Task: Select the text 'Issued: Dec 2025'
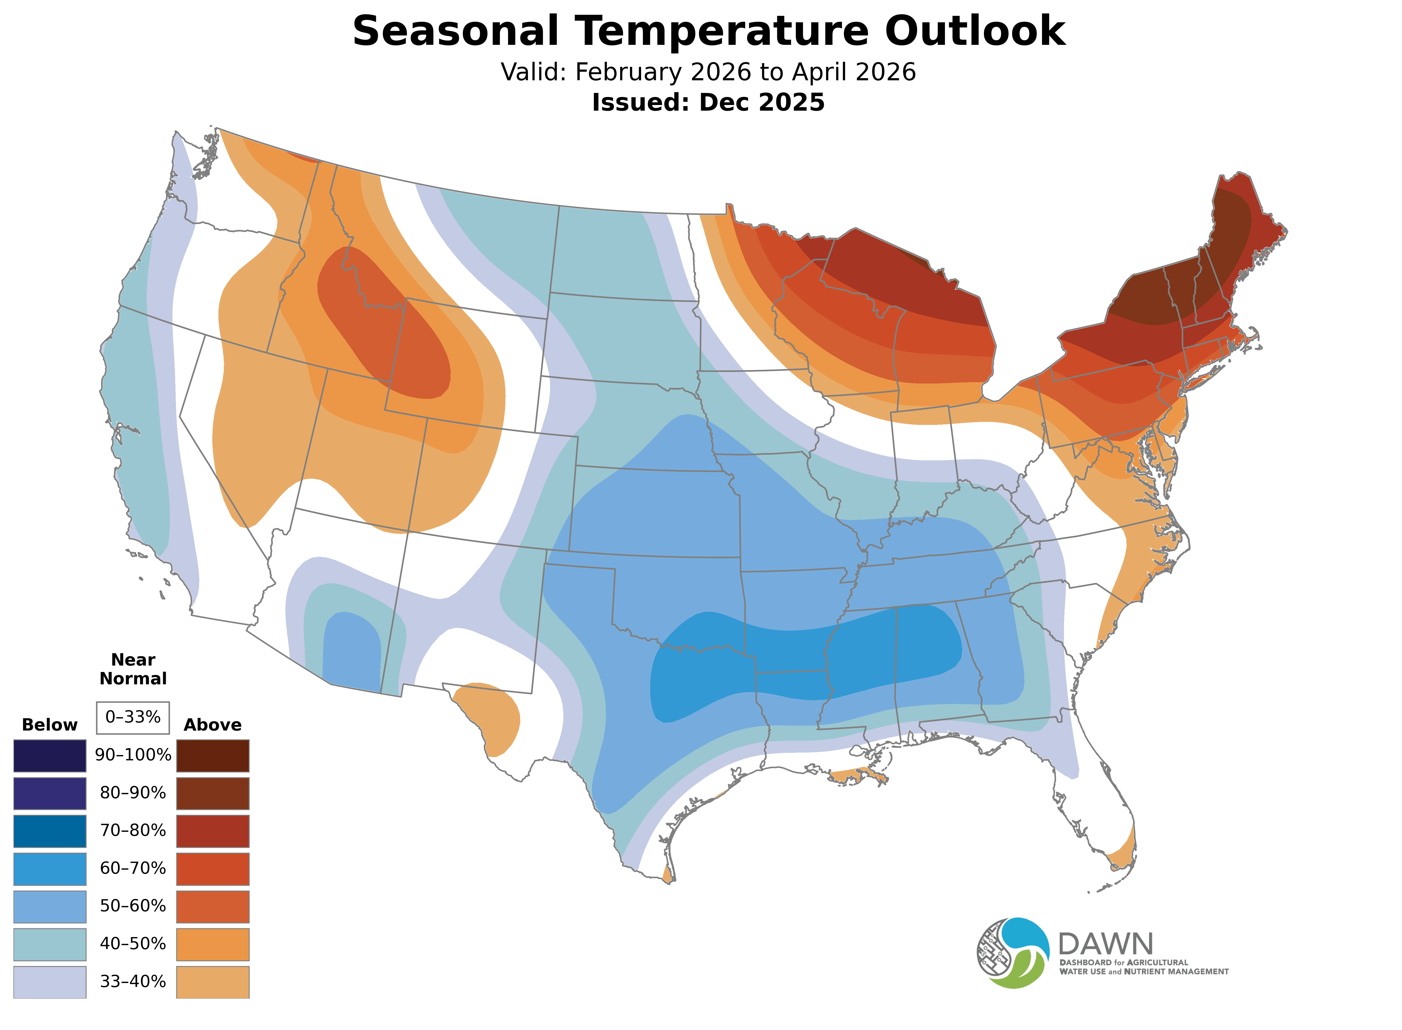(x=708, y=102)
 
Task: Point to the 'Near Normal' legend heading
(x=133, y=669)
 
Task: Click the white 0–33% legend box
(x=133, y=717)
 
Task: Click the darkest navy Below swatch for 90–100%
(x=50, y=756)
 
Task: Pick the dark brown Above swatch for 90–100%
(x=213, y=756)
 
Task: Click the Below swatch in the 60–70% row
(x=50, y=869)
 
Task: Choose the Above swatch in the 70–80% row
(x=213, y=831)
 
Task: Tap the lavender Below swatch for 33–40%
(x=50, y=982)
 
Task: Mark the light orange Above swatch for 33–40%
(x=213, y=982)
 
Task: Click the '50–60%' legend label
(x=133, y=906)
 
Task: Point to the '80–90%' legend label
(x=133, y=793)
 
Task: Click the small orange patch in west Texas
(x=490, y=717)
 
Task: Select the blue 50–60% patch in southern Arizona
(x=351, y=652)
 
